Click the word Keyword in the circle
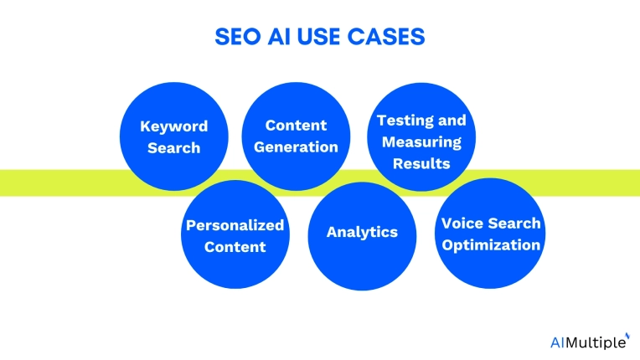point(173,126)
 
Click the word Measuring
point(421,141)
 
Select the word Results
point(421,162)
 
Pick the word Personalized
point(235,225)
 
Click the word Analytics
point(362,231)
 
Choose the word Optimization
point(491,244)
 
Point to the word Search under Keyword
point(173,147)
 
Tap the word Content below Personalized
point(235,246)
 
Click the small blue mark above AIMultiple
point(627,334)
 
